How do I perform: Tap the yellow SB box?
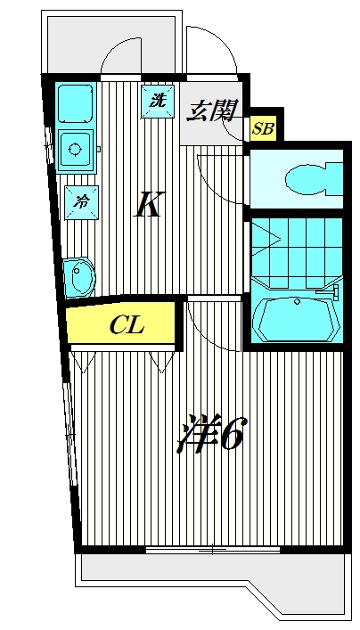tap(263, 128)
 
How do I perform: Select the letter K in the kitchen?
tap(149, 204)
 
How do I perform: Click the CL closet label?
tap(127, 325)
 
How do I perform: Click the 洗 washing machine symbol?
tap(158, 102)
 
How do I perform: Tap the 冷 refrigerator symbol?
tap(82, 202)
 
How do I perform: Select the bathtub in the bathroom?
tap(297, 319)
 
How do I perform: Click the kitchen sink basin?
tap(76, 102)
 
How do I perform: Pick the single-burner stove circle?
tap(75, 150)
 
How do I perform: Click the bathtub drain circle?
tap(298, 301)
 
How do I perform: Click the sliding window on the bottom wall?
tap(213, 549)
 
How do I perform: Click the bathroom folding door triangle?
tap(266, 240)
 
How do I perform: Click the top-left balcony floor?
tap(111, 45)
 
